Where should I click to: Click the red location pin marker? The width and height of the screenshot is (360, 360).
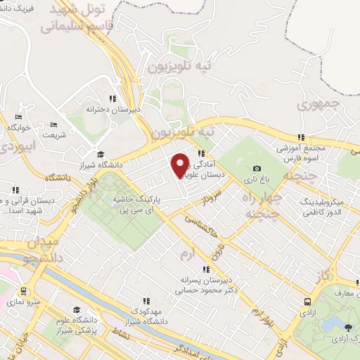180,165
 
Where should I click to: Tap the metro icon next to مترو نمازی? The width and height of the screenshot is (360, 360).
23,290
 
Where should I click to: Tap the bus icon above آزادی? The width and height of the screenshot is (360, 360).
307,301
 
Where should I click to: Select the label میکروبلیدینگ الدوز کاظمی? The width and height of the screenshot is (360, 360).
323,207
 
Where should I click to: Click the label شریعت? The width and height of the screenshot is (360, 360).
55,135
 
